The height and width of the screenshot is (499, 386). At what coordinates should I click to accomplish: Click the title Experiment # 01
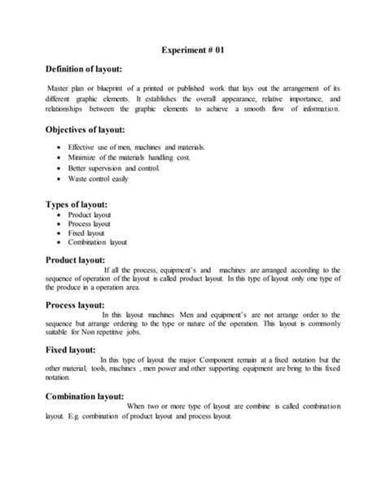click(x=192, y=51)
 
